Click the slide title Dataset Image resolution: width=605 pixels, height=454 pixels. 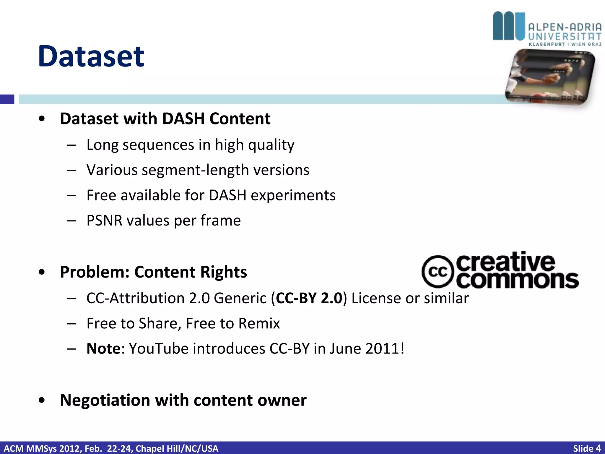[x=91, y=56]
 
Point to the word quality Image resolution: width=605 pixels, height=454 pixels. [x=271, y=145]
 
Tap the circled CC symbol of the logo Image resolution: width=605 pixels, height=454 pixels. [x=438, y=271]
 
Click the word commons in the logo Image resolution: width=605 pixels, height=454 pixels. [x=517, y=280]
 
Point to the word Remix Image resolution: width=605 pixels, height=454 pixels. [x=259, y=323]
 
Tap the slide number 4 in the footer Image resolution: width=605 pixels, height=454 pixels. [x=598, y=448]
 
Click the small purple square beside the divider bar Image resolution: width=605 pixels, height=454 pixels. [x=7, y=99]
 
